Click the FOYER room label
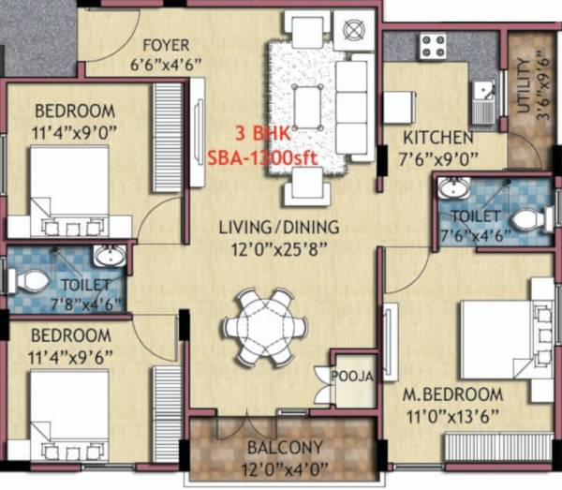tap(166, 45)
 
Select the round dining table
tap(265, 325)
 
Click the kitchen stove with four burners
tap(433, 44)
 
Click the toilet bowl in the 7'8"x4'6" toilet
tap(33, 280)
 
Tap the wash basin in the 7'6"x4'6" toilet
tap(454, 188)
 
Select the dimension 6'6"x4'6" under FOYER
tap(166, 64)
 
